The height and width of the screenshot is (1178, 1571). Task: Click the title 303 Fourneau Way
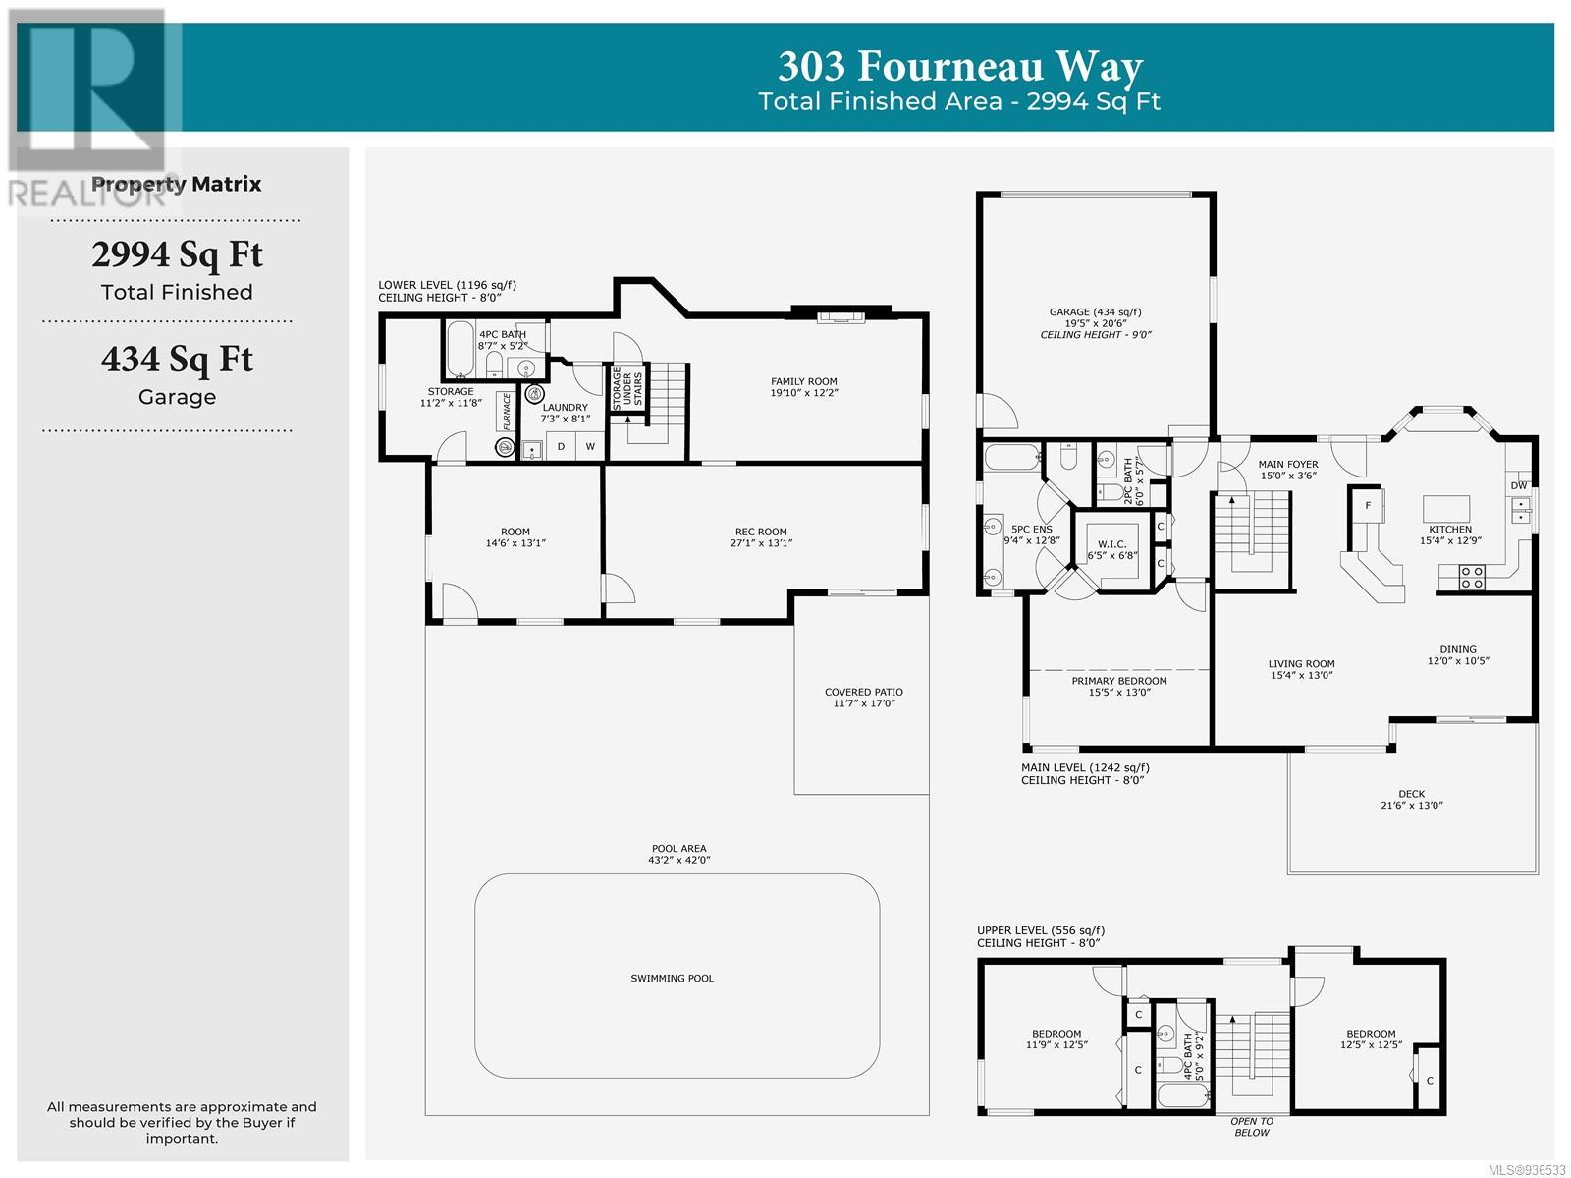(959, 67)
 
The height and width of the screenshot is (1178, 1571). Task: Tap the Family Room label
(804, 381)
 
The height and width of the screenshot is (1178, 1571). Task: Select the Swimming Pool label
(672, 979)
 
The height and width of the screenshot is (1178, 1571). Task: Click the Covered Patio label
(863, 692)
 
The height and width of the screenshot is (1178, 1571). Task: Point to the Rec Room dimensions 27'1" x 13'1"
(761, 542)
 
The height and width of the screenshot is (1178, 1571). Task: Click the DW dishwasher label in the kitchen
(1519, 485)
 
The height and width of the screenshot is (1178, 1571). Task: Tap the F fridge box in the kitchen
(1368, 506)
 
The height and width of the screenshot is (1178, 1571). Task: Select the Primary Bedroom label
(1118, 681)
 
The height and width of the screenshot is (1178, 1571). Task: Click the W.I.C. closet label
(1112, 544)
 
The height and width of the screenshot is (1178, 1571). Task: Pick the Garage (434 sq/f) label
(1095, 312)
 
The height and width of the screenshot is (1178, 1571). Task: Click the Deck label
(1411, 794)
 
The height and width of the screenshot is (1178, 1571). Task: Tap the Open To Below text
(1252, 1127)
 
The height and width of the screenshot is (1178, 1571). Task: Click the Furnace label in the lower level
(507, 412)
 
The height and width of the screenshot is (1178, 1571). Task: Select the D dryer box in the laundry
(561, 446)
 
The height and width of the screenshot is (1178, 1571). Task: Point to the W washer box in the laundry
(590, 446)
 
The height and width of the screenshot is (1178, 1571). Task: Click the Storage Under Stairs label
(627, 387)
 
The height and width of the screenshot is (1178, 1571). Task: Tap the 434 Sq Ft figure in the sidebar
(177, 360)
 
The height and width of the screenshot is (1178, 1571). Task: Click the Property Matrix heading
(177, 184)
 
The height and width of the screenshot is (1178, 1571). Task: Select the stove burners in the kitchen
(1472, 578)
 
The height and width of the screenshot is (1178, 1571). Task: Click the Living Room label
(1301, 664)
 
